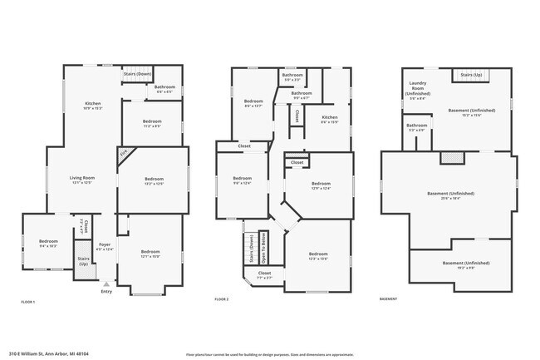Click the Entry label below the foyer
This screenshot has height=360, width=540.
106,291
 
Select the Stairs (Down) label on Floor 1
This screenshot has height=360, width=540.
136,73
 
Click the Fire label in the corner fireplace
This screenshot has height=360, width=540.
123,153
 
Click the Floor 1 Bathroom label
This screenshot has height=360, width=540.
164,89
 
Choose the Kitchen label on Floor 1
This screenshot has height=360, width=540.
92,105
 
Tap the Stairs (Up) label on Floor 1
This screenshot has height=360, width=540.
81,259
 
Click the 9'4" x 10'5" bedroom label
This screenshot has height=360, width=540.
49,244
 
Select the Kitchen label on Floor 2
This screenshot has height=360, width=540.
329,120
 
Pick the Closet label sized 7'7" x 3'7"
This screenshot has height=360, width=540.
264,274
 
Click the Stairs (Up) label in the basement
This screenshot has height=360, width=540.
469,74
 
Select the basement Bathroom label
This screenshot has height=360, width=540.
416,127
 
